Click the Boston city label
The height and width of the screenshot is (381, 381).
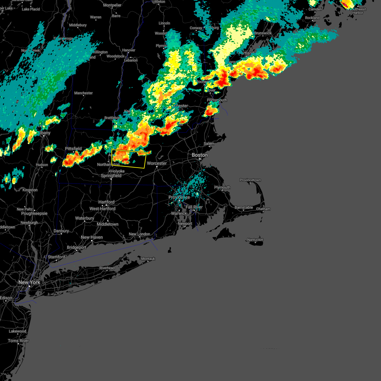(x=200, y=155)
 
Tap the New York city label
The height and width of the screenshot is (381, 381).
(x=29, y=282)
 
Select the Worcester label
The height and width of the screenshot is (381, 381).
(x=157, y=163)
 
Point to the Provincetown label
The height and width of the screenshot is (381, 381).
(x=250, y=180)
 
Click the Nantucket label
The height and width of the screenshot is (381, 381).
(x=255, y=240)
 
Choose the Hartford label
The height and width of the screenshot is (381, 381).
(x=106, y=202)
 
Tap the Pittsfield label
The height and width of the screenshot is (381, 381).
(x=73, y=149)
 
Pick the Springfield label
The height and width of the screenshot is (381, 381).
(x=111, y=176)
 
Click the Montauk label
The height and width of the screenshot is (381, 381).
(x=148, y=259)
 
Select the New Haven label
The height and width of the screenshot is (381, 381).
(x=92, y=237)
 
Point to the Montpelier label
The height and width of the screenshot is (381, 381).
(x=112, y=5)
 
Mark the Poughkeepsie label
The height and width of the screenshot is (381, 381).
(x=34, y=213)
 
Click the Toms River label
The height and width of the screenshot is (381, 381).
(x=18, y=341)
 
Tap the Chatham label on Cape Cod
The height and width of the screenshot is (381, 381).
(x=263, y=209)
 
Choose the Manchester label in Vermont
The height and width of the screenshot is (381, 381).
(x=84, y=93)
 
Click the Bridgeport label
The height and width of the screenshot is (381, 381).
(x=77, y=247)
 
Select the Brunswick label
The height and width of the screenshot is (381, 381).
(x=263, y=33)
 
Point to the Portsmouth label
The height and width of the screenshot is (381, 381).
(x=217, y=100)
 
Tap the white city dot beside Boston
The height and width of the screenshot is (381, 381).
(x=200, y=159)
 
